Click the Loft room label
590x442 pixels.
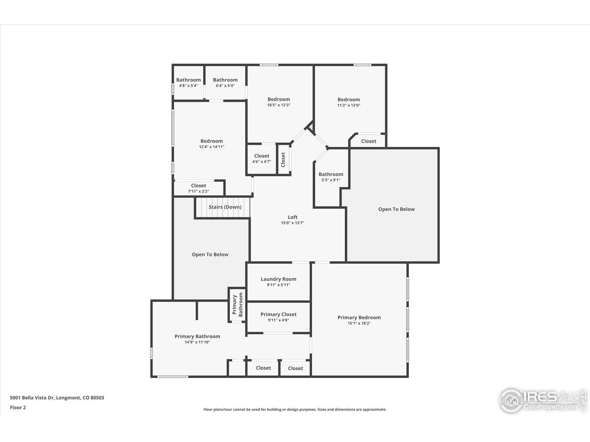point(293,217)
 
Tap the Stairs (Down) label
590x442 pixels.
point(225,207)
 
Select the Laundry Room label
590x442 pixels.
point(278,279)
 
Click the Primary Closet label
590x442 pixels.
point(278,314)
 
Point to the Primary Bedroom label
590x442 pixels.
point(359,317)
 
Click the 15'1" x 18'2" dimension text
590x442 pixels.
point(359,323)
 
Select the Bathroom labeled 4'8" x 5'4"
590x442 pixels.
point(189,80)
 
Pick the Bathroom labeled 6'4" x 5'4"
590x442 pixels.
point(225,80)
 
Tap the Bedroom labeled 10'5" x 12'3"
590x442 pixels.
point(279,99)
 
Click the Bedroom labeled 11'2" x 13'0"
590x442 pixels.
point(348,100)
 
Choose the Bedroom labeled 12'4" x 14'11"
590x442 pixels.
point(212,141)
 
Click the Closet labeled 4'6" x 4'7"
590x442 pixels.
point(261,156)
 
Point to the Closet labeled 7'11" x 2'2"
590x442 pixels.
point(199,186)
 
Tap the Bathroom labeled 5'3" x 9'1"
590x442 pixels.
point(331,174)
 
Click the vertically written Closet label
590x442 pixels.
point(283,160)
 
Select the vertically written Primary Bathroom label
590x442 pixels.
point(237,304)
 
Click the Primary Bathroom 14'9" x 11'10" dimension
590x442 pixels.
point(197,342)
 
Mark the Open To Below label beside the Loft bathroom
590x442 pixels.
point(396,209)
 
